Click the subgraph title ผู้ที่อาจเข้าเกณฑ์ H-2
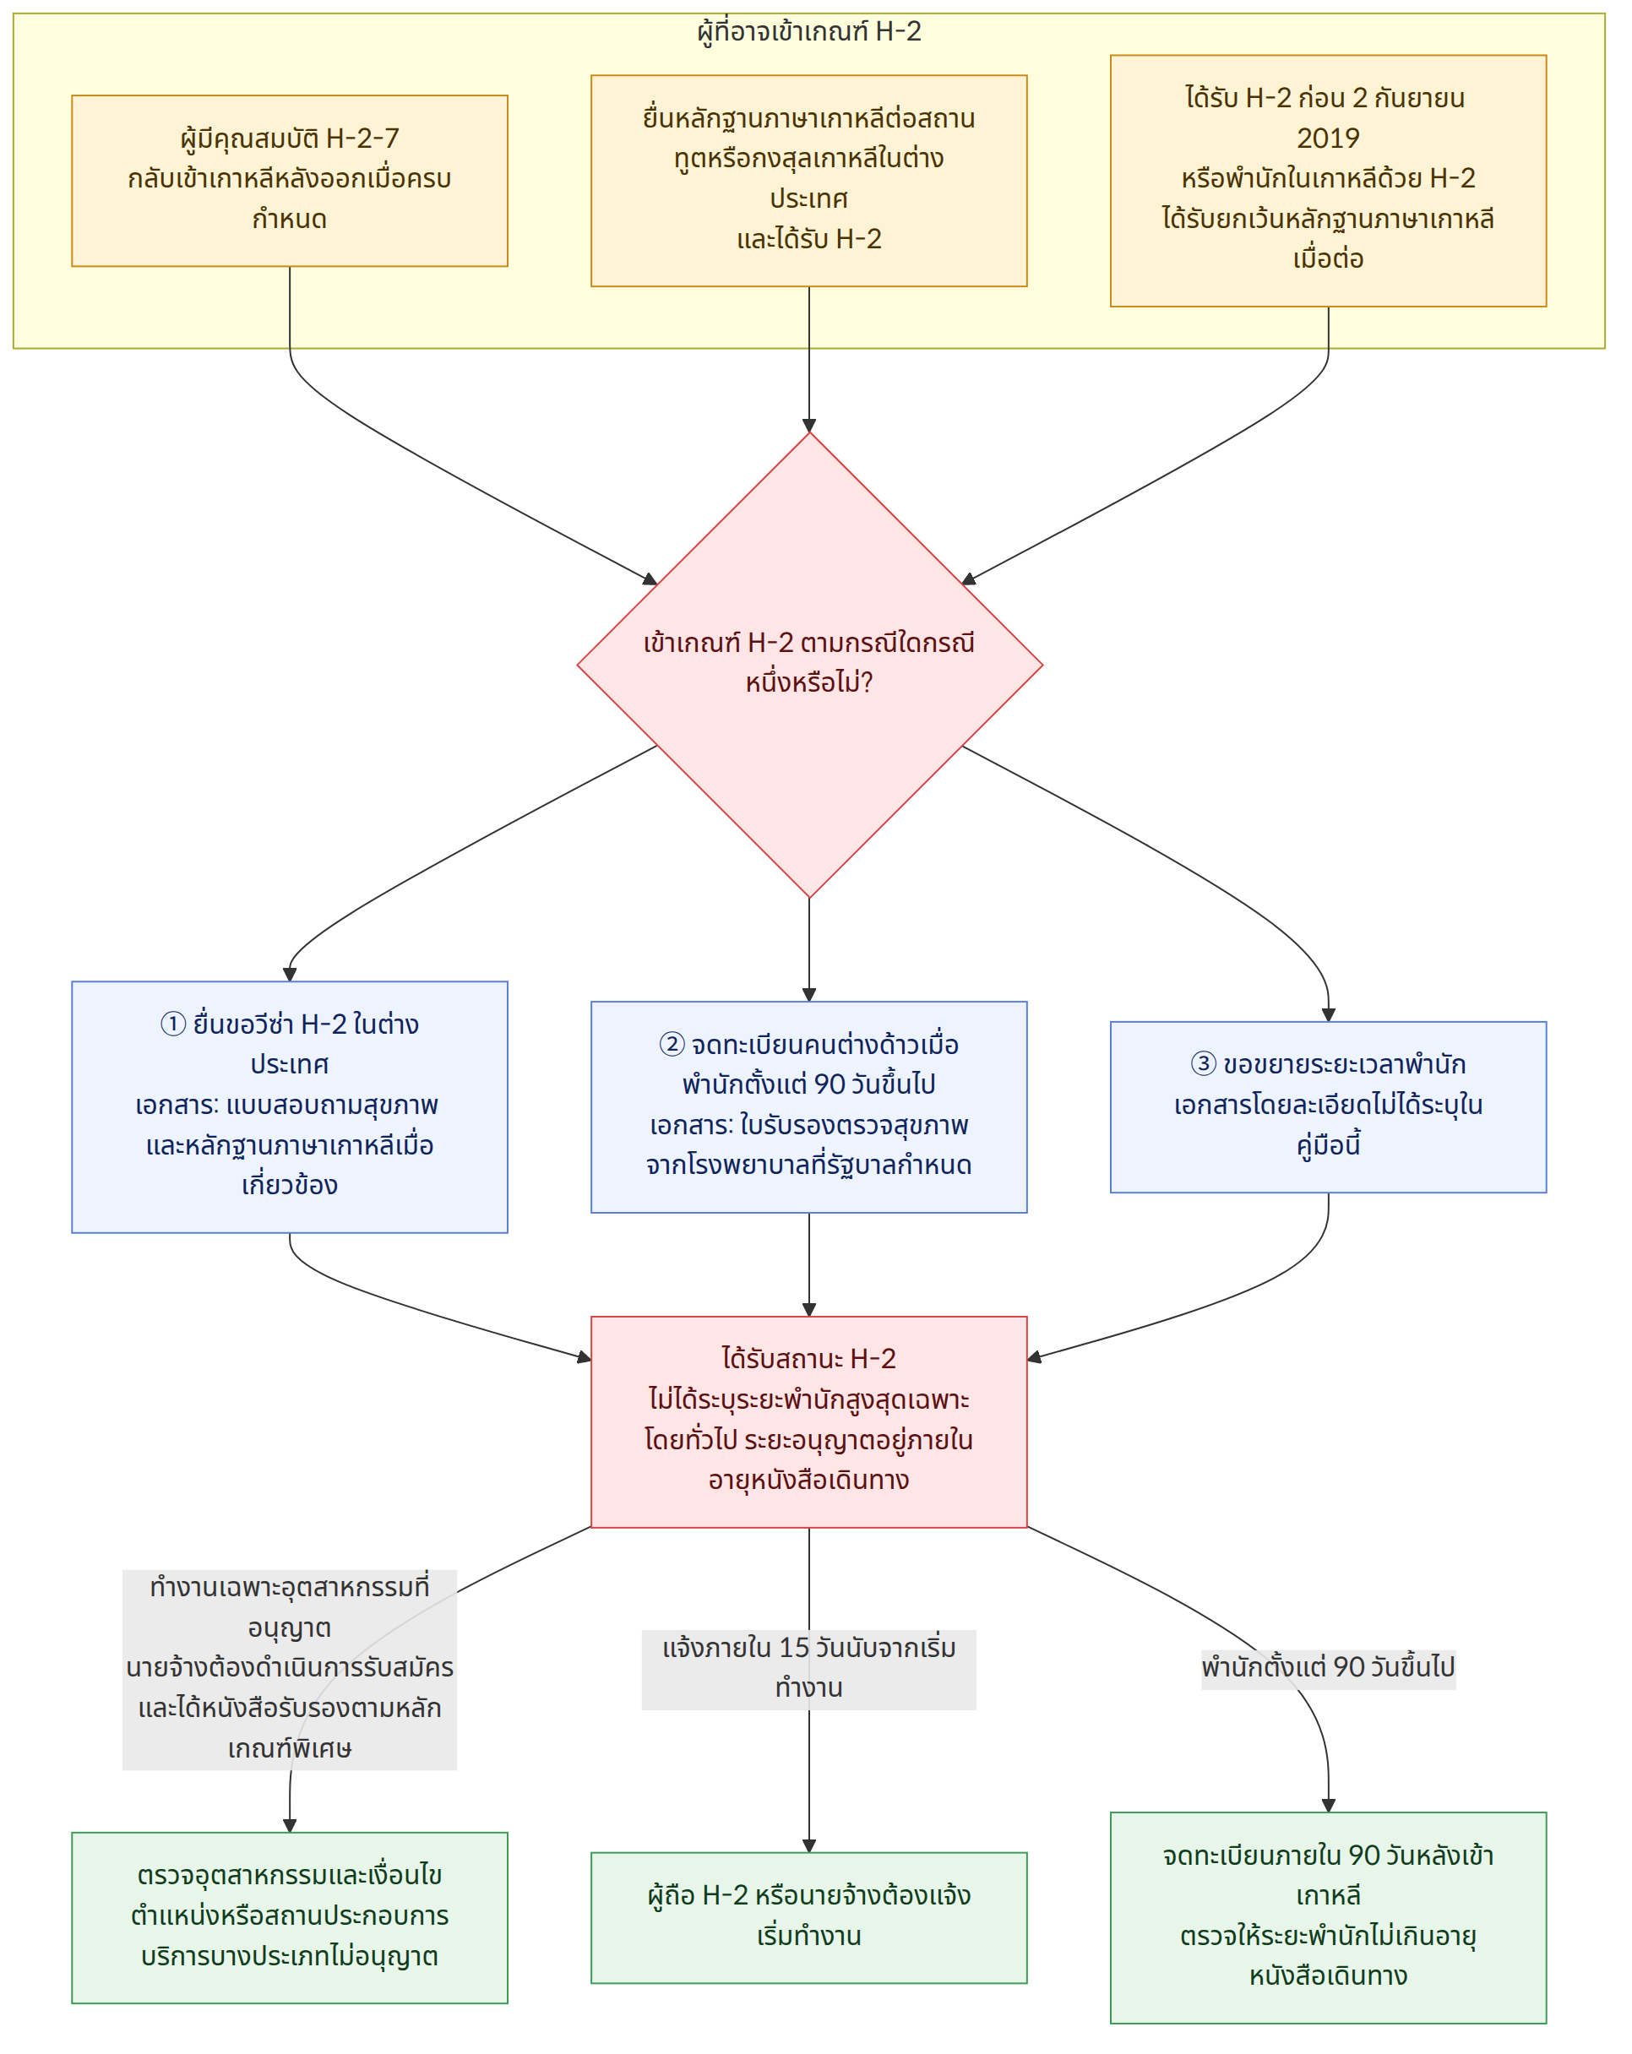coord(809,31)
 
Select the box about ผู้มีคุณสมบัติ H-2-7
coord(290,180)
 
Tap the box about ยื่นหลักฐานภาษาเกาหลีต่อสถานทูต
coord(809,181)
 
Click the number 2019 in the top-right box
coord(1328,139)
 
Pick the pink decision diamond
coord(809,665)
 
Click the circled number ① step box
coord(290,1107)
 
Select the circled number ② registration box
coord(809,1107)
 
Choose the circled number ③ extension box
coord(1328,1107)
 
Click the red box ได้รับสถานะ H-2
coord(809,1422)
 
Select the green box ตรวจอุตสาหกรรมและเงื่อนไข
coord(290,1918)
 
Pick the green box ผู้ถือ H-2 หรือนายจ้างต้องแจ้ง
coord(809,1918)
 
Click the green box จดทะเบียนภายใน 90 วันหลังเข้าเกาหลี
coord(1328,1918)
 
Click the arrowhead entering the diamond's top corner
coord(809,426)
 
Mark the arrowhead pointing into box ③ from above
coord(1328,1014)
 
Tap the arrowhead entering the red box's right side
coord(1035,1356)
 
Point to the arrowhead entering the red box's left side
coord(584,1356)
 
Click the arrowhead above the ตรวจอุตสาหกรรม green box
coord(290,1825)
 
